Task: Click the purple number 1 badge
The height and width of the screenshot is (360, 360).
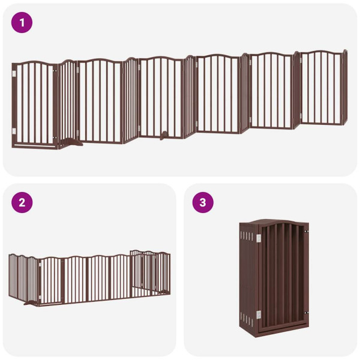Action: [22, 23]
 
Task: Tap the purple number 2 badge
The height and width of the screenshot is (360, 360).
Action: [22, 202]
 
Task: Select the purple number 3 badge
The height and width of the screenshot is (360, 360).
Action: [202, 202]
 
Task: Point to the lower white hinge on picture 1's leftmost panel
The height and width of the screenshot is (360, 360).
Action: [15, 130]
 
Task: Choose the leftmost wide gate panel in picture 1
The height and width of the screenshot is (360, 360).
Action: [34, 104]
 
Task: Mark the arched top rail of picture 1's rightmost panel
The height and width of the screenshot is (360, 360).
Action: [322, 53]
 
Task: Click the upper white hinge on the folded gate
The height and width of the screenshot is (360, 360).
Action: [259, 239]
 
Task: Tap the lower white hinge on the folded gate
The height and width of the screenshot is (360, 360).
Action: [259, 313]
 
